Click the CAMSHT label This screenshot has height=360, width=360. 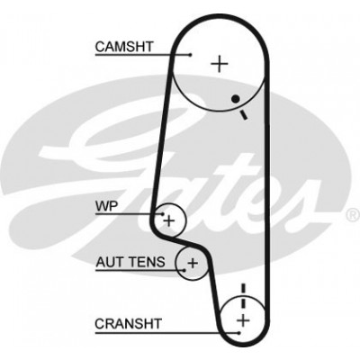[x=124, y=47]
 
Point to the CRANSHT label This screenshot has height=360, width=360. [x=128, y=324]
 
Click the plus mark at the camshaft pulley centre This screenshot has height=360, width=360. [x=220, y=64]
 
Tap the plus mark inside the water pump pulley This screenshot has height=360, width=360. [x=169, y=221]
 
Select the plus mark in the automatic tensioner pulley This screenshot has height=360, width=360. [x=193, y=263]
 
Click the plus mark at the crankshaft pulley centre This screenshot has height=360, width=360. [x=243, y=320]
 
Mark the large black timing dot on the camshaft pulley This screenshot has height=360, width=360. [x=236, y=98]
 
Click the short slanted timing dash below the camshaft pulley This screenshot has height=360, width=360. [x=244, y=115]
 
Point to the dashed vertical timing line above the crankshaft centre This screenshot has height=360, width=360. [x=243, y=296]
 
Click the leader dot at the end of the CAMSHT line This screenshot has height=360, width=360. [x=191, y=55]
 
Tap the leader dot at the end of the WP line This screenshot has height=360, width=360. [x=163, y=214]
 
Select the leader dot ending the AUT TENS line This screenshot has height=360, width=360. [x=184, y=270]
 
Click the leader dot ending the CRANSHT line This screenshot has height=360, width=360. [x=238, y=333]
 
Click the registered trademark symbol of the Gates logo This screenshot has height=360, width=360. [x=353, y=215]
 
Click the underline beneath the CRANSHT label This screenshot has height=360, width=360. [x=166, y=333]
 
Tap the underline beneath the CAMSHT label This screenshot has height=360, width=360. [x=143, y=55]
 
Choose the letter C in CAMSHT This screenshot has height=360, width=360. [x=100, y=47]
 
